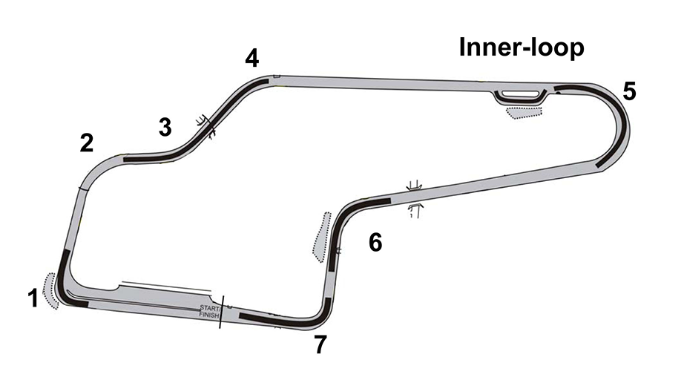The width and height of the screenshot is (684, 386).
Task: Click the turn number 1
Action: coord(32,298)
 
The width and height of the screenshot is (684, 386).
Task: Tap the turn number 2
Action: coord(87,143)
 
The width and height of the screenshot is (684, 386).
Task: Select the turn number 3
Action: coord(165,127)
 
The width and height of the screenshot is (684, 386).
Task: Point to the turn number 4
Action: coord(252,59)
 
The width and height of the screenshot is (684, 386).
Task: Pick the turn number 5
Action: coord(629,91)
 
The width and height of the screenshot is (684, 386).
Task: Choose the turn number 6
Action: coord(375,242)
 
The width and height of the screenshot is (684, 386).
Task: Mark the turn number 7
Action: coord(320,345)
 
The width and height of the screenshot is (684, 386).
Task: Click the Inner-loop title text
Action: coord(522,48)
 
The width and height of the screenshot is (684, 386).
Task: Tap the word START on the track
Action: coord(208,307)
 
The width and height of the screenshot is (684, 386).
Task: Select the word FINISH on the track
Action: coord(208,315)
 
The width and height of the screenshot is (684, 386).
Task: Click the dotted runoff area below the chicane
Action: coord(524,111)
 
